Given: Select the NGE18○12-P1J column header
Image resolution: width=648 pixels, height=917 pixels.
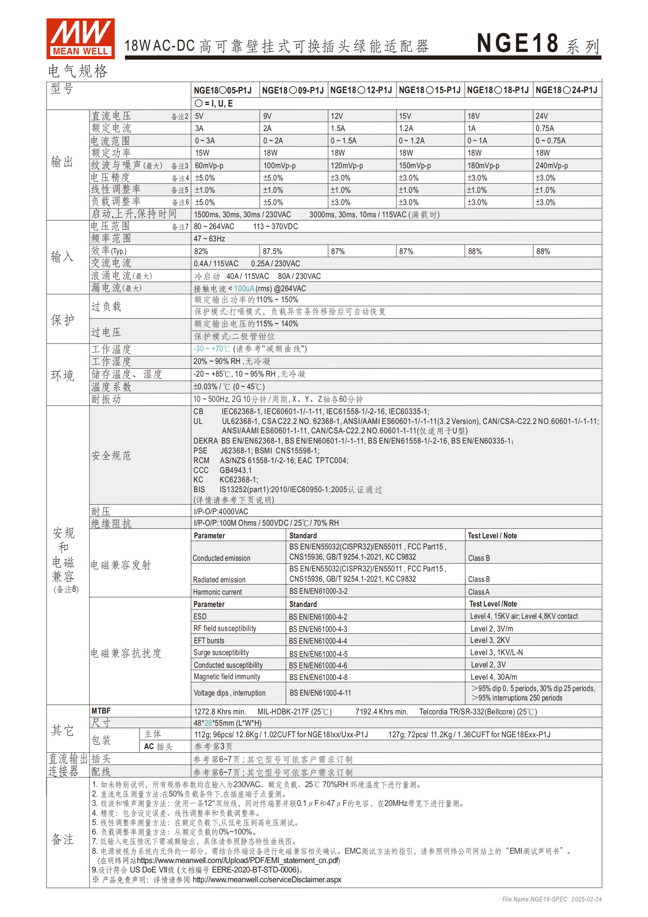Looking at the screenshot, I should point(361,90).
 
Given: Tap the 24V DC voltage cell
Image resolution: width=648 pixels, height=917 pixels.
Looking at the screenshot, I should point(542,116).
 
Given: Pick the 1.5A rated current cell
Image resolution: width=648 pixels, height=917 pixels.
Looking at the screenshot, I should point(338,129).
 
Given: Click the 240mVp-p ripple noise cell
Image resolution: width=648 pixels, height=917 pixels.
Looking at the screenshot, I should point(552,166).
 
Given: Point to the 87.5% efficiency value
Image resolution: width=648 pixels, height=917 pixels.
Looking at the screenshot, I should point(272,252).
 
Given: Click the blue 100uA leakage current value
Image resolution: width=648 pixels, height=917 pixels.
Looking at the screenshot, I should point(244,289).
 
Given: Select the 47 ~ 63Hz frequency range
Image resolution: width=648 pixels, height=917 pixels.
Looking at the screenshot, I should point(209,239).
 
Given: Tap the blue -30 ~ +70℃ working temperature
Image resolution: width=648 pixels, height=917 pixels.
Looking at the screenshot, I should point(212,349).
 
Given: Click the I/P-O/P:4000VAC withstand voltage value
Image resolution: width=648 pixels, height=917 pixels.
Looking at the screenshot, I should point(221,512).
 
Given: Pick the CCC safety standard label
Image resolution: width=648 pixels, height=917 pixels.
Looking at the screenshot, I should point(201,471).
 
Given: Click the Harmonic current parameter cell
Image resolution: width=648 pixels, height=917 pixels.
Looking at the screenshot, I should point(218,592).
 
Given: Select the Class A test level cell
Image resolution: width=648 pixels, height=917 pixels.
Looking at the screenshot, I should point(479,592).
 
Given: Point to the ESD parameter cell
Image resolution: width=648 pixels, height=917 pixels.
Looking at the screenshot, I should point(200,617).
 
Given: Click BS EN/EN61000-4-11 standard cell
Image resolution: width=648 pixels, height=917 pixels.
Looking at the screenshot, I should point(320,693).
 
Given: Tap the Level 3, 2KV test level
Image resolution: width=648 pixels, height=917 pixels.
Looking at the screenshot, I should point(490,640).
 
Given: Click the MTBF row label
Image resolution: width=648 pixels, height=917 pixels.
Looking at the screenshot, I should point(101,711).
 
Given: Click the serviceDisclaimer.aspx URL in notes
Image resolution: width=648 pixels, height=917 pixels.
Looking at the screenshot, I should point(267,880).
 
